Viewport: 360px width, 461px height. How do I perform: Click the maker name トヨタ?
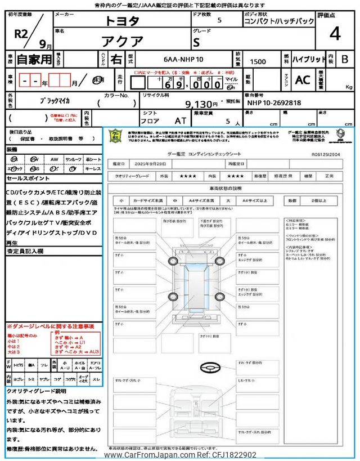pos(122,21)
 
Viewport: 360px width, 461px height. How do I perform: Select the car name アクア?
pos(122,41)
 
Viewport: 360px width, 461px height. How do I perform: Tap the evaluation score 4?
pos(335,34)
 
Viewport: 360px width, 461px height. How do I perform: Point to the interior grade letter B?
pos(345,59)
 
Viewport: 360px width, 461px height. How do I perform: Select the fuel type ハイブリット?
pos(309,59)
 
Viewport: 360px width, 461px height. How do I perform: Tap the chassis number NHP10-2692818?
pos(274,104)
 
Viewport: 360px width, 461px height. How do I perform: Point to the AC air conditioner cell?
pos(303,80)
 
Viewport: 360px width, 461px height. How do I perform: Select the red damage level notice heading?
pos(51,326)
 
